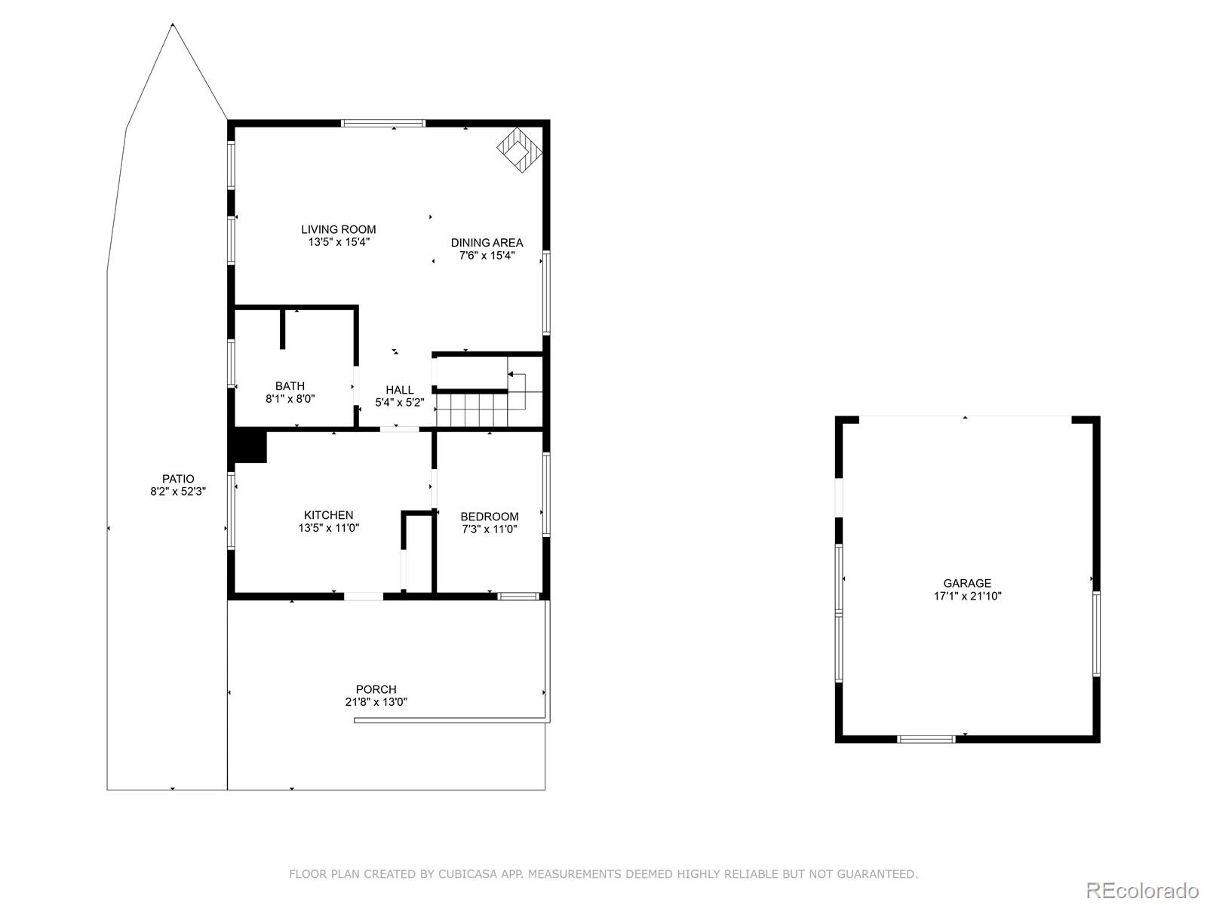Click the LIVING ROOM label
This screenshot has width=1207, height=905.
(338, 229)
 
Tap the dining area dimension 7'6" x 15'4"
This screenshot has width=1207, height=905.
(487, 256)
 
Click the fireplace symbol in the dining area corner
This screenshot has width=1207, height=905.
(520, 151)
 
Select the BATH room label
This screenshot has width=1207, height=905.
(290, 386)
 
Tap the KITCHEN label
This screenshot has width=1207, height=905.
(328, 515)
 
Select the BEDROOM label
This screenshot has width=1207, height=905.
(490, 517)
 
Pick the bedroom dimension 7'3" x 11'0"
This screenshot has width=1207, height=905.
(490, 529)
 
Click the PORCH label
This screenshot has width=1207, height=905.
(376, 689)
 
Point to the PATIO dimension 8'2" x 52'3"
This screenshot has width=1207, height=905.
(178, 491)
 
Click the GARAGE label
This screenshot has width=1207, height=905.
(967, 583)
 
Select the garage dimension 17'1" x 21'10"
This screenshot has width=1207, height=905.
(967, 596)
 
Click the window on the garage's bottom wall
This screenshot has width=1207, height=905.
(926, 739)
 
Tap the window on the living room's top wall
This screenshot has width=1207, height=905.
(383, 123)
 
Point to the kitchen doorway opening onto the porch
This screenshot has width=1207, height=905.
(364, 597)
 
